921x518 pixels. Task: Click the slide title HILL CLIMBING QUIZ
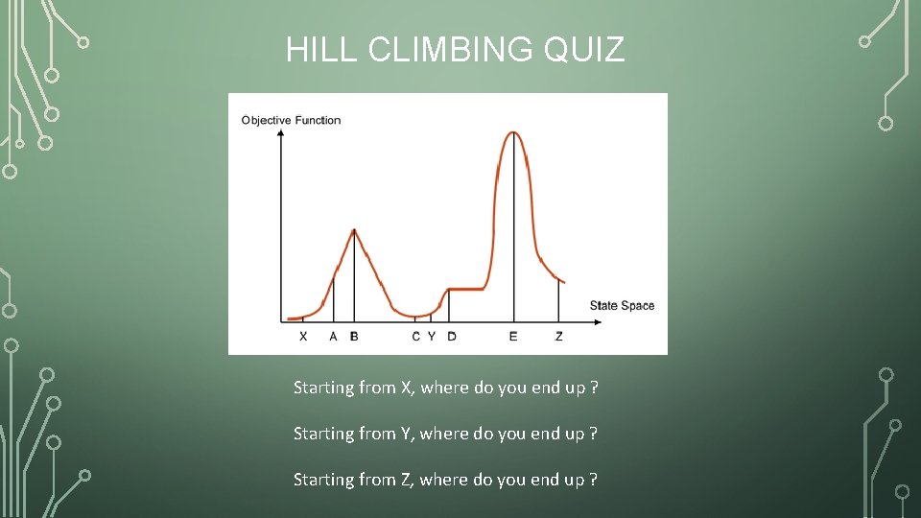click(x=455, y=50)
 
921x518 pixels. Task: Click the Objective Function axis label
click(x=291, y=120)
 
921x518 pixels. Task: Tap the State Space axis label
click(x=622, y=305)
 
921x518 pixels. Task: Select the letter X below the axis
click(x=303, y=336)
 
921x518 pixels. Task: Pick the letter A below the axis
click(x=333, y=336)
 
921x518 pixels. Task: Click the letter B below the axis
click(x=354, y=336)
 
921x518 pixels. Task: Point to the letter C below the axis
click(x=415, y=336)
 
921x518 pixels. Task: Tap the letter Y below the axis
click(x=431, y=336)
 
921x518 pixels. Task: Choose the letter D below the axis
click(x=451, y=336)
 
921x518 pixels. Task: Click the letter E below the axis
click(x=513, y=336)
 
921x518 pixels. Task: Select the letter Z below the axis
click(x=559, y=336)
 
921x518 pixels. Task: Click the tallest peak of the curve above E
click(x=514, y=132)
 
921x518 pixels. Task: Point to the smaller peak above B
click(x=355, y=230)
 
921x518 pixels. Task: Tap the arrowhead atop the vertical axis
click(x=280, y=133)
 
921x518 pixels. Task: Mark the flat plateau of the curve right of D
click(x=467, y=288)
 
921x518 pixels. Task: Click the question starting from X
click(x=446, y=388)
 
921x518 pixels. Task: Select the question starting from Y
click(x=446, y=434)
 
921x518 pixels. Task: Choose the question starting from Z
click(x=446, y=480)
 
